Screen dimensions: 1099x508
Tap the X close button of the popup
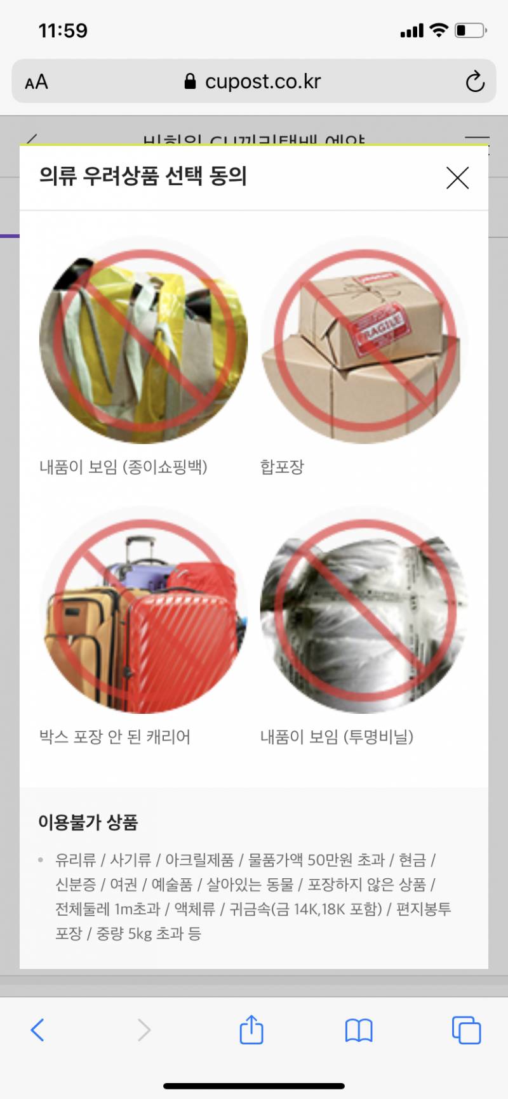tap(457, 178)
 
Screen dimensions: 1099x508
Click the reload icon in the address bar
tap(475, 82)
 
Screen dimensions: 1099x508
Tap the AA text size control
tap(36, 82)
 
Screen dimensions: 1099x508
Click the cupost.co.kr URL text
tap(262, 81)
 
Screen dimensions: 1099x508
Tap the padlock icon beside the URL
tap(190, 81)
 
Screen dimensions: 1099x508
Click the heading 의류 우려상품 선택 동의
tap(143, 176)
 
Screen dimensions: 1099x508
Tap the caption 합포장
tap(282, 467)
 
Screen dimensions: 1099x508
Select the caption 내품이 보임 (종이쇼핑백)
tap(123, 467)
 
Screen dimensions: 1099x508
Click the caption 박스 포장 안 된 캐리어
tap(115, 737)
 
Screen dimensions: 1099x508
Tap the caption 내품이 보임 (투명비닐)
tap(337, 737)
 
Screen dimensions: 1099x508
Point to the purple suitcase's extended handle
tap(141, 549)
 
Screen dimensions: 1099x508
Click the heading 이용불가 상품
tap(88, 822)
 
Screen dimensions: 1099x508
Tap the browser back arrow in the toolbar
tap(38, 1030)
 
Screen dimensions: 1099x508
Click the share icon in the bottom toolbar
tap(251, 1029)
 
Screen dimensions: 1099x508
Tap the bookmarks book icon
tap(359, 1030)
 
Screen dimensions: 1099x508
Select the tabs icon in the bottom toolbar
tap(466, 1030)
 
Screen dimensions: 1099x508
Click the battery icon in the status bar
tap(470, 30)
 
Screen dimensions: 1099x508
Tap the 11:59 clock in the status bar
tap(63, 30)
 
